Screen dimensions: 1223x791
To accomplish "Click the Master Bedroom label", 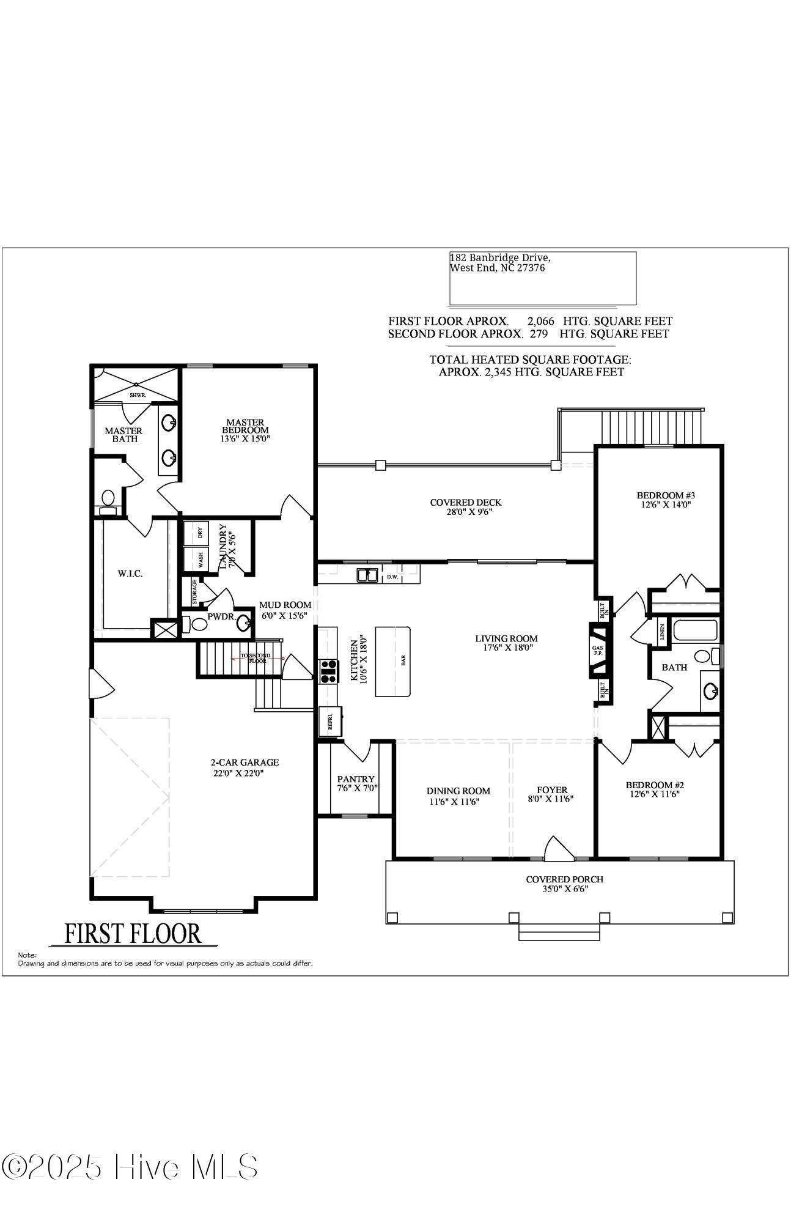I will [245, 426].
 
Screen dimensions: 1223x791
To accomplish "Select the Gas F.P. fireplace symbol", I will [597, 650].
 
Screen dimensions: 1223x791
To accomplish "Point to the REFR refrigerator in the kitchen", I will [331, 722].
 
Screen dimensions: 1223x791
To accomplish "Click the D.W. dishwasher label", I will [391, 577].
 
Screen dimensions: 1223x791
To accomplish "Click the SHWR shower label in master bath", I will [138, 395].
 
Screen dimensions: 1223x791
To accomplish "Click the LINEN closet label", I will [662, 632].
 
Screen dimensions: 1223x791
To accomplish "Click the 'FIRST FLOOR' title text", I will [133, 933].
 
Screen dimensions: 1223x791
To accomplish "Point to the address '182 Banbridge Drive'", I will [499, 258].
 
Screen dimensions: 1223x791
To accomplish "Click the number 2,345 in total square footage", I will [501, 372].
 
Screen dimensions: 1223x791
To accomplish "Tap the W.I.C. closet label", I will [130, 574].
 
